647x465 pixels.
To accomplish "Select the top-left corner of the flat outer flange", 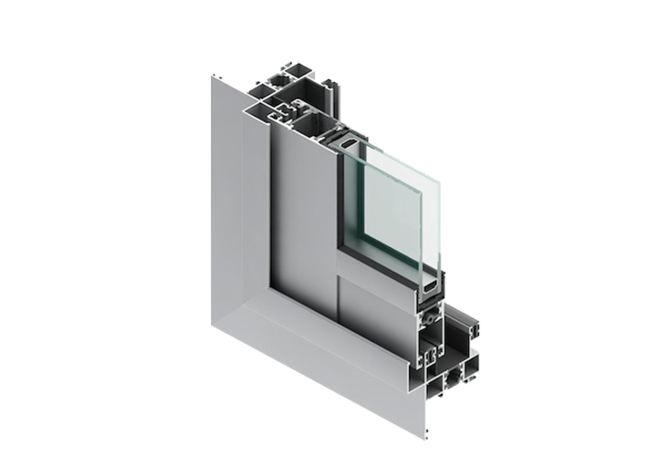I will (x=212, y=77).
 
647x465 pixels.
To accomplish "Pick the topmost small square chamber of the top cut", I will (x=295, y=67).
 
